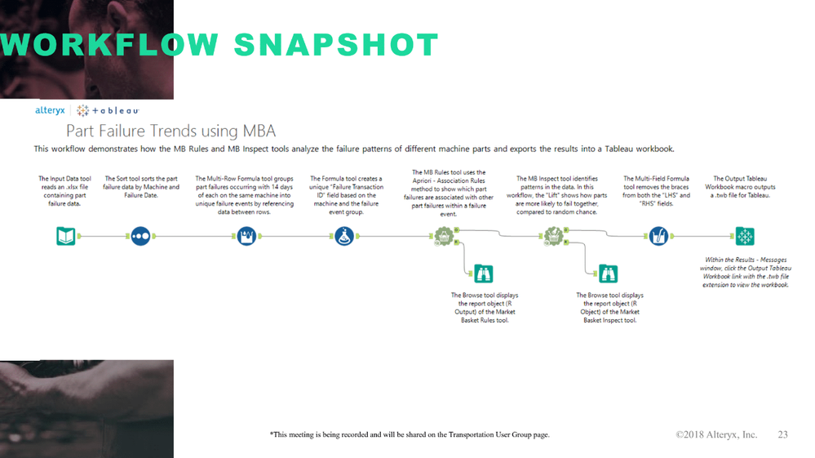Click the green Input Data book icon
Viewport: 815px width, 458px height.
tap(66, 237)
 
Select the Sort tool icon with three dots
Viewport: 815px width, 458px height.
tap(140, 237)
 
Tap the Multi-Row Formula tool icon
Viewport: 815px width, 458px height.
tap(246, 237)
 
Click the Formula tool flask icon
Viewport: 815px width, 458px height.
tap(344, 237)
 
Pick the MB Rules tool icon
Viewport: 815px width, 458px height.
tap(443, 237)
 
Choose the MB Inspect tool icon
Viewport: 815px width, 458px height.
tap(554, 237)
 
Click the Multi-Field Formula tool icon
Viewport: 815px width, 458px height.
tap(658, 237)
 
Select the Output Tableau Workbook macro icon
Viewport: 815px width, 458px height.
tap(745, 237)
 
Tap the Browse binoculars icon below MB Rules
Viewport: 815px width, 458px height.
tap(484, 274)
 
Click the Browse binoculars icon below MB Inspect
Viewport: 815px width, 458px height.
tap(608, 274)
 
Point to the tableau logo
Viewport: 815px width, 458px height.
tap(109, 110)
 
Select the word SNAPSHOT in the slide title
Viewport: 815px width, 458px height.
tap(336, 45)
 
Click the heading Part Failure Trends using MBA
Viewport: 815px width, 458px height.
tap(171, 131)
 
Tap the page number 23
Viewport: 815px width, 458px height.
tap(782, 434)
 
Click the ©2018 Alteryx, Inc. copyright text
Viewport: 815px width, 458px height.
tap(716, 434)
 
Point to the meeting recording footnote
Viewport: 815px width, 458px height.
tap(409, 435)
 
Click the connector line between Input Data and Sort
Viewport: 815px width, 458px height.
tap(103, 237)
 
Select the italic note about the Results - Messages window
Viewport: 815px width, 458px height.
tap(745, 273)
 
